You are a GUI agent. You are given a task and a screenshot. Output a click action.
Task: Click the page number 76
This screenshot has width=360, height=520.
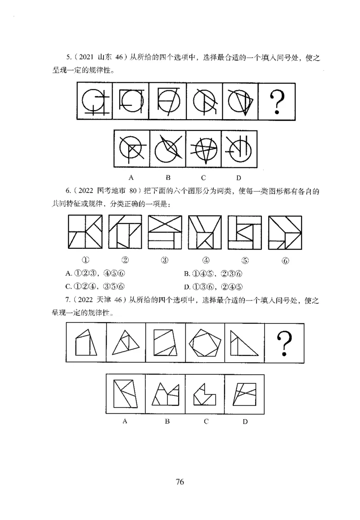click(180, 482)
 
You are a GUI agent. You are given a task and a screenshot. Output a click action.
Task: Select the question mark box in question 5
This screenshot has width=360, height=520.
click(278, 102)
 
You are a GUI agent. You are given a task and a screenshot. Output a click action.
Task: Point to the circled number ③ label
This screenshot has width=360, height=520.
click(164, 260)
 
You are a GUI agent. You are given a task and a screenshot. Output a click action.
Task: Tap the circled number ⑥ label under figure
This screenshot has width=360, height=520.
click(284, 260)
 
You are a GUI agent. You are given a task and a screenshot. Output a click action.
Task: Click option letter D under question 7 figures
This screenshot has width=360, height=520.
click(245, 421)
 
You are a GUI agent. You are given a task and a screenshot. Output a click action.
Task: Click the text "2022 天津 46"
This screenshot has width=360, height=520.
click(98, 299)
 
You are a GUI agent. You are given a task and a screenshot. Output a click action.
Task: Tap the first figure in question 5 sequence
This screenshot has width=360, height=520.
click(94, 102)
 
